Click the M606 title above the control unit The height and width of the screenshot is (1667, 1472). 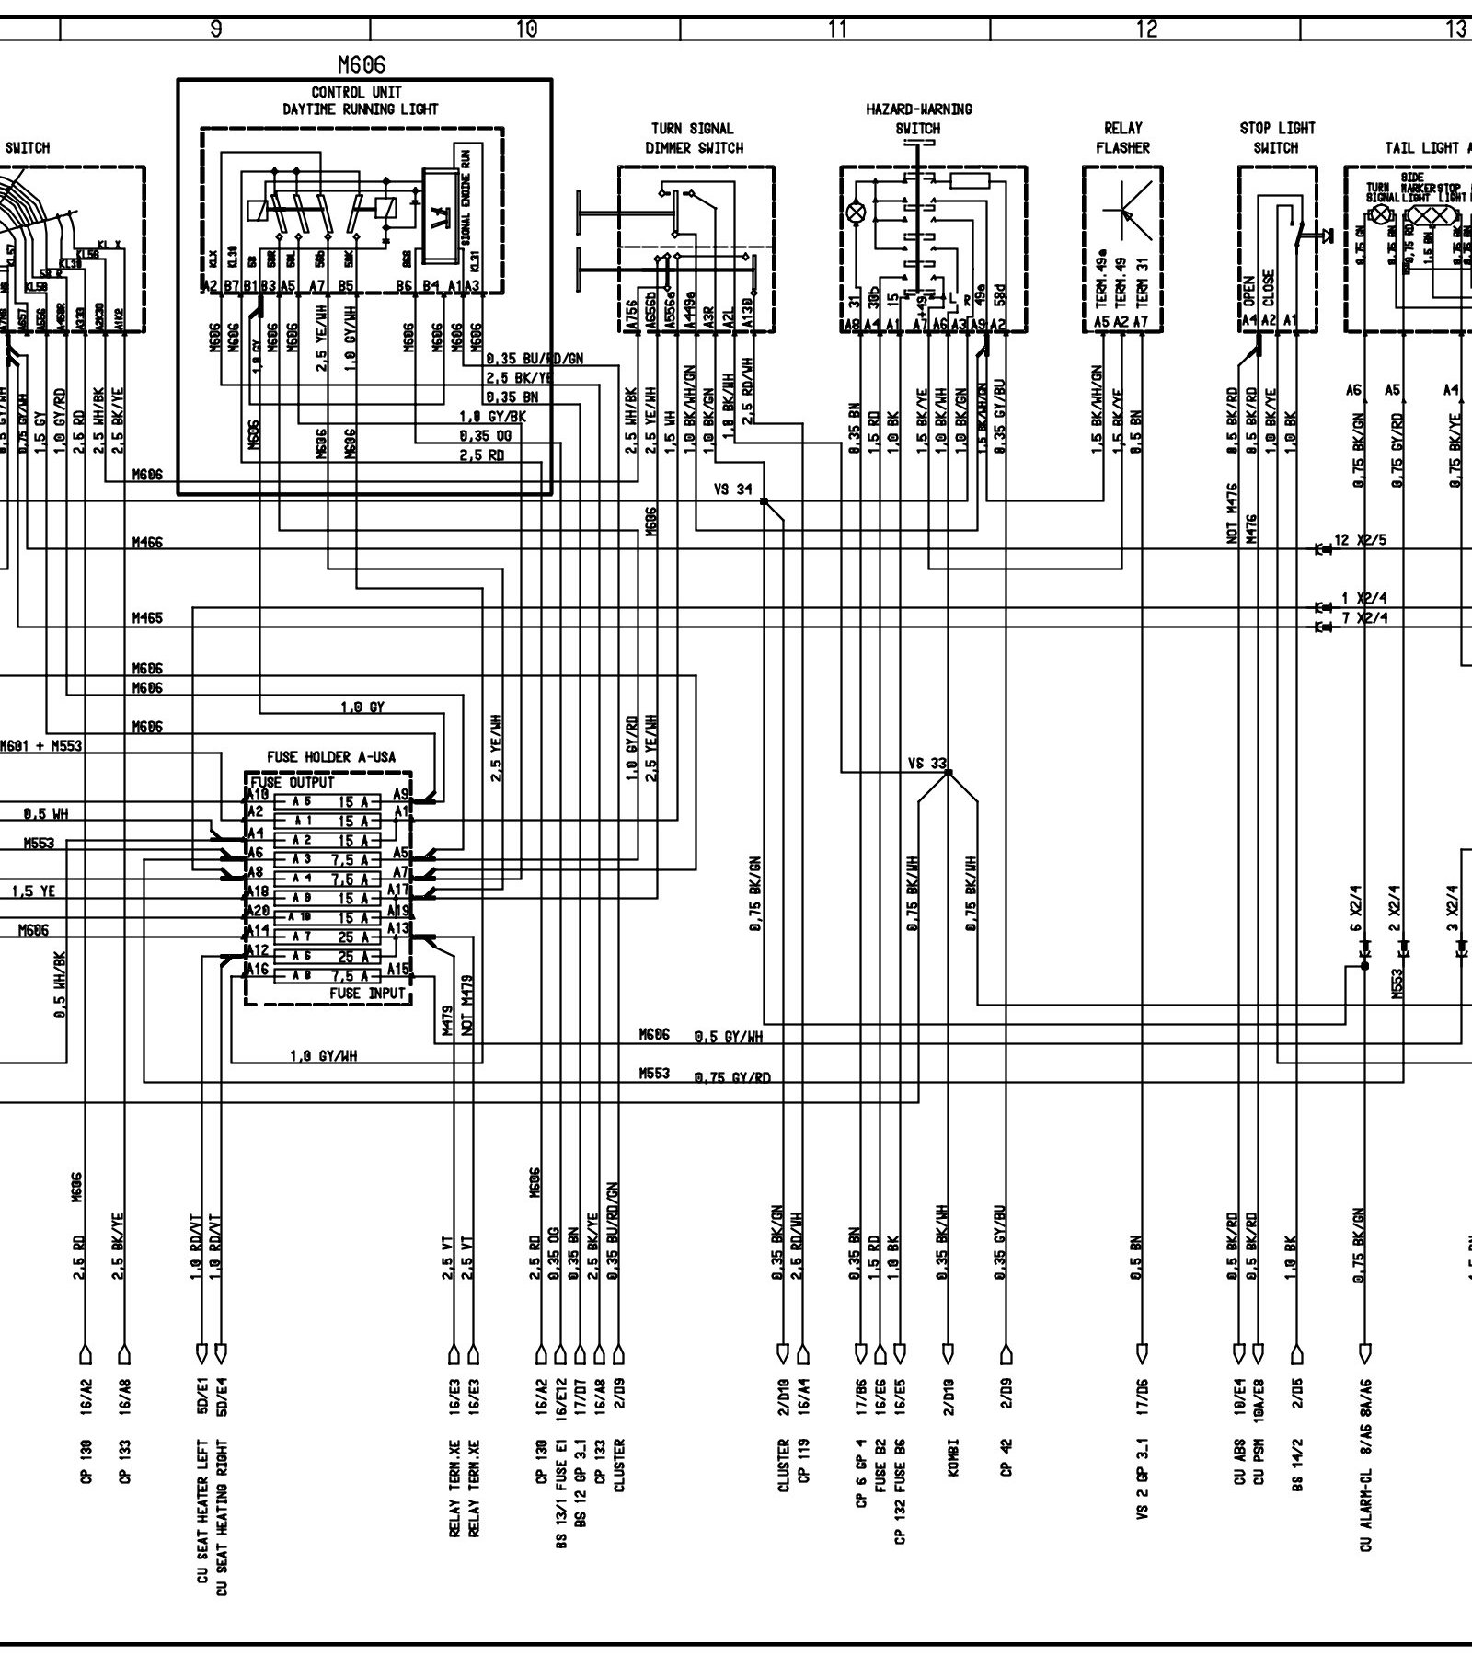[x=362, y=64]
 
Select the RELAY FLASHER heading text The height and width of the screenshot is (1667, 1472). [x=1122, y=138]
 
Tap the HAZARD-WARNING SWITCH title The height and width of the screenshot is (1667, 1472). [x=918, y=119]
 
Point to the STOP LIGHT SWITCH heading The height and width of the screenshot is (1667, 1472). [x=1277, y=138]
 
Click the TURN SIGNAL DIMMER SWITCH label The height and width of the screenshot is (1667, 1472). [x=694, y=138]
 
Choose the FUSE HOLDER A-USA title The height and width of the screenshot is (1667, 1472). [x=331, y=757]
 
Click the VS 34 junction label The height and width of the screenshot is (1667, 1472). [x=732, y=489]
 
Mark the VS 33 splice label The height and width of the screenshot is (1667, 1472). [x=926, y=764]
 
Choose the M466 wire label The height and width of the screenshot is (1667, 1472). [x=147, y=544]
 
